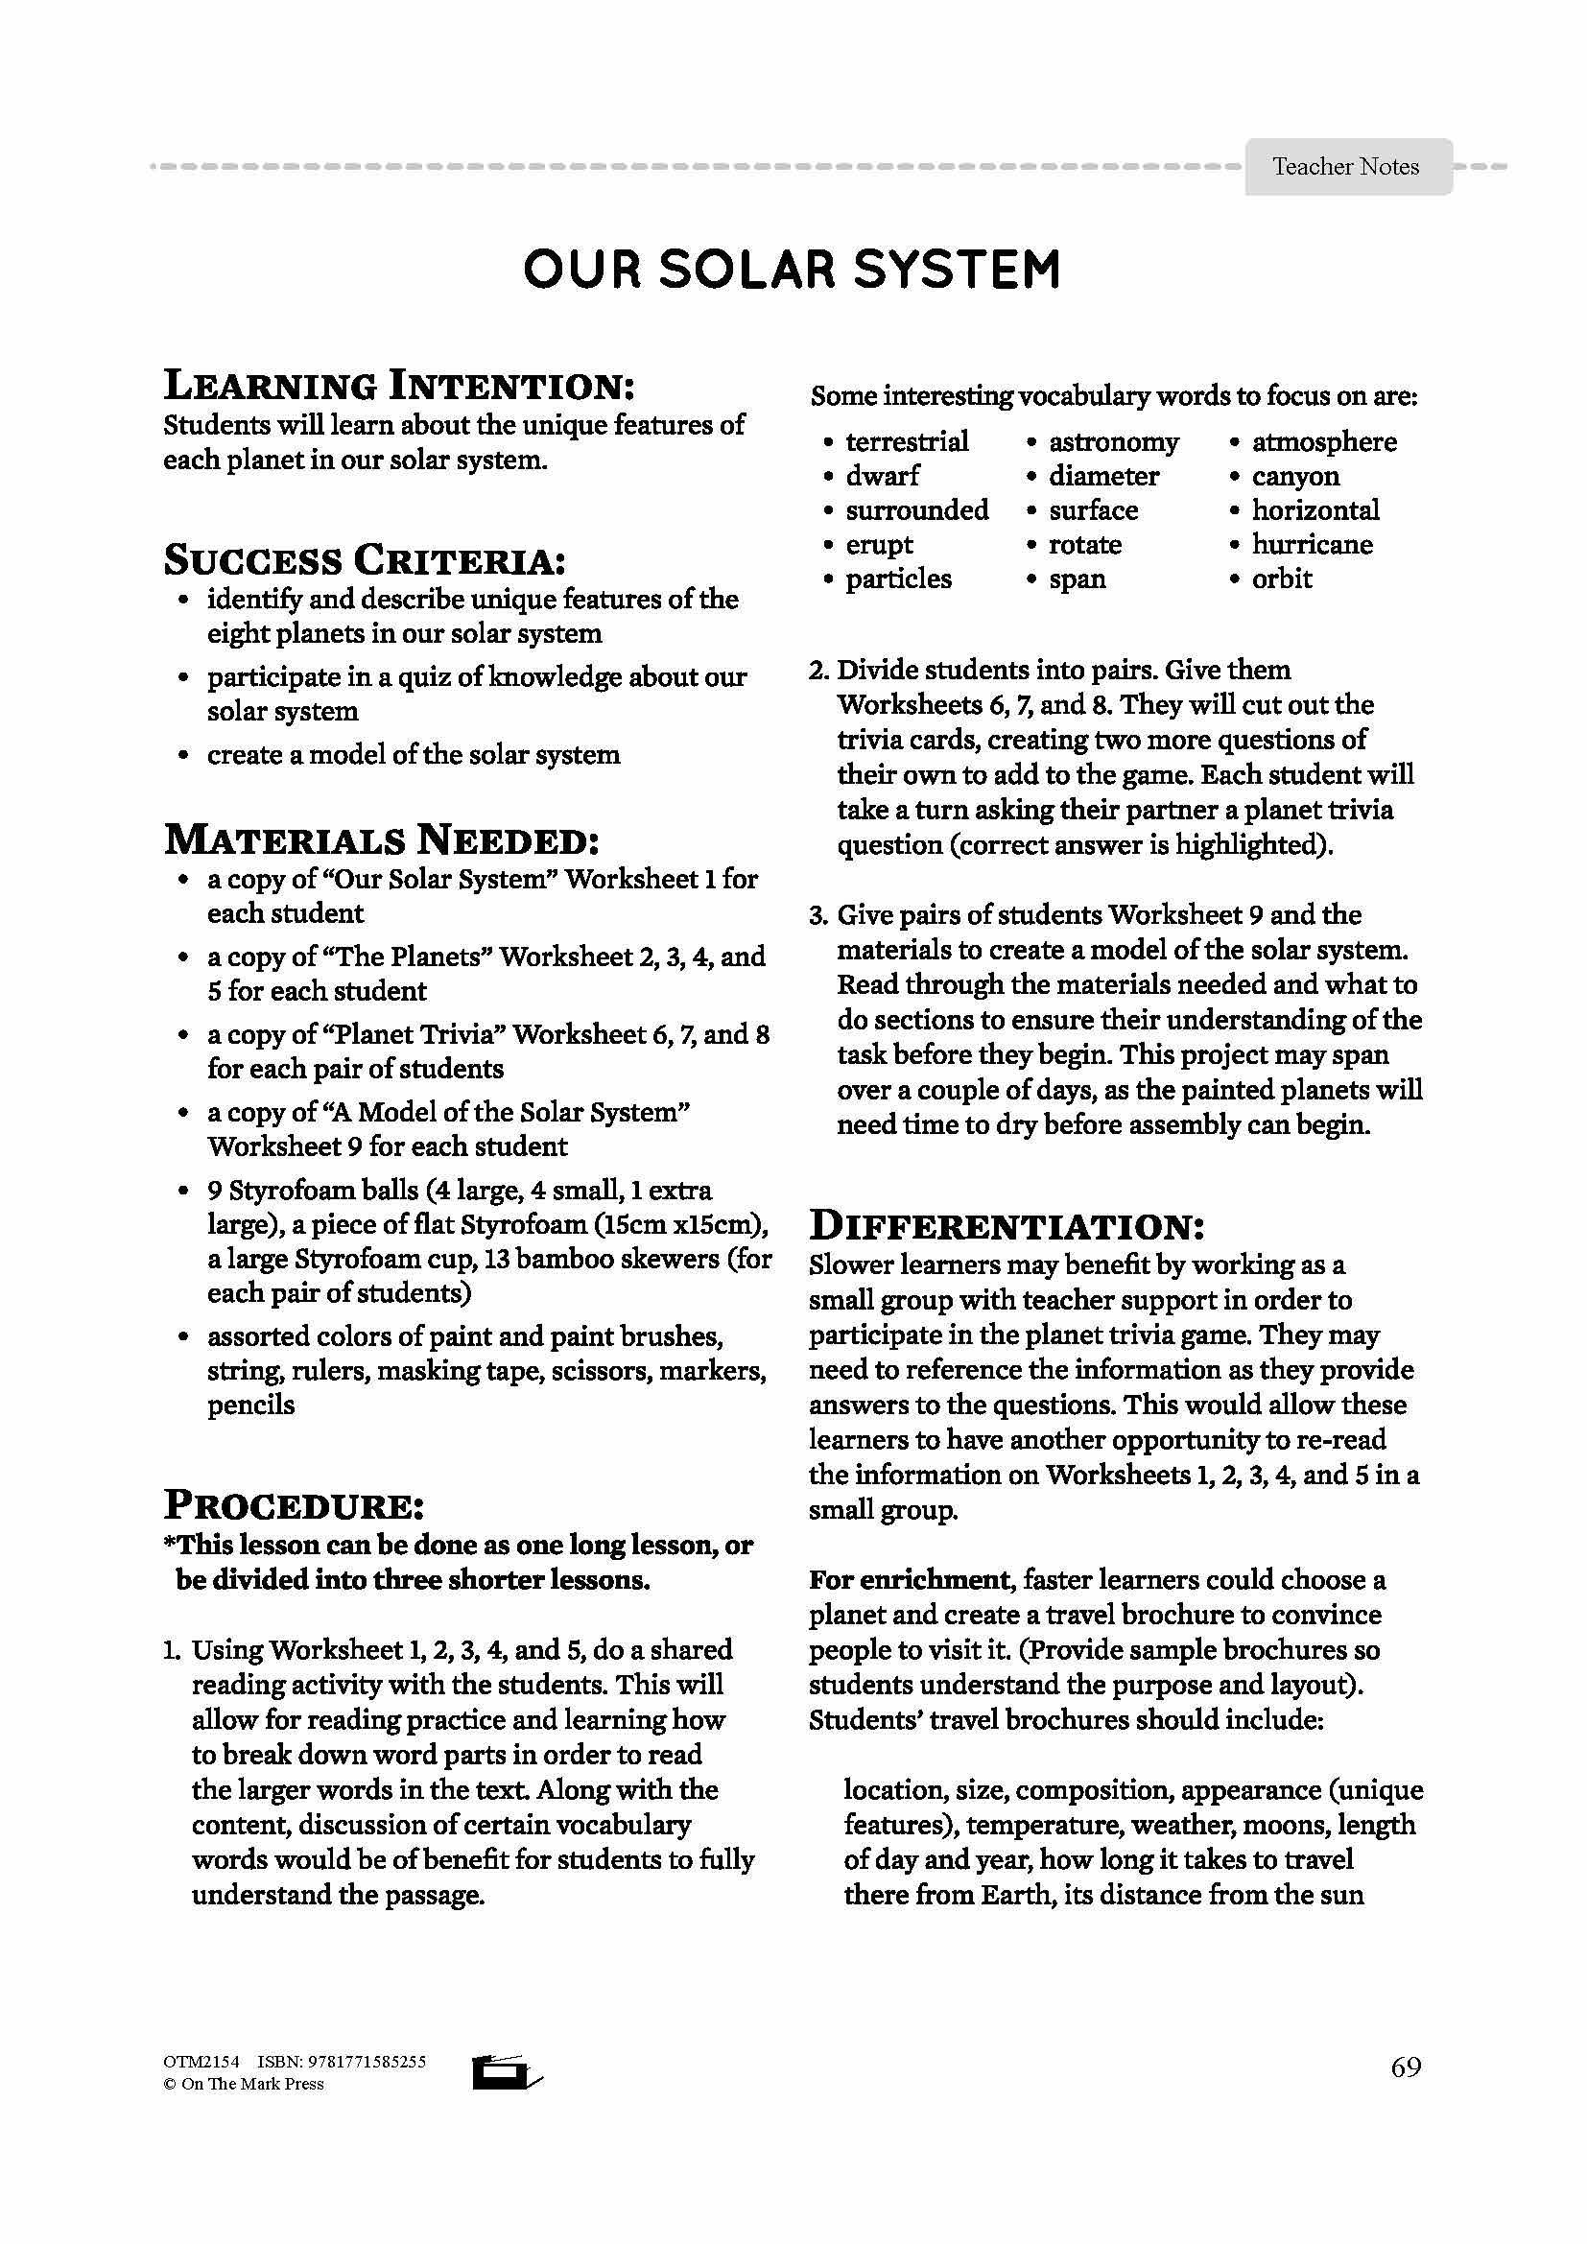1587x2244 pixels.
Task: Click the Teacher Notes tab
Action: click(x=1345, y=167)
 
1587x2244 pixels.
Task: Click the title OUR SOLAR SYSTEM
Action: click(x=792, y=270)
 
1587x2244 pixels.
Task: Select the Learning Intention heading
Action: click(x=399, y=385)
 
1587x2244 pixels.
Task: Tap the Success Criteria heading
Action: click(x=365, y=560)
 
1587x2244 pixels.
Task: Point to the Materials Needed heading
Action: click(x=381, y=840)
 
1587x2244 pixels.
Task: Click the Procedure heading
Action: click(x=295, y=1505)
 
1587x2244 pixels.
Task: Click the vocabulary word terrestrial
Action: click(x=907, y=441)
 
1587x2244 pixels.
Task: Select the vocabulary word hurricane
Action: click(x=1312, y=544)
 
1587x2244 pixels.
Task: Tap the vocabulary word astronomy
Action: click(x=1113, y=441)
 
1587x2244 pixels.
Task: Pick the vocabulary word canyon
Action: click(x=1294, y=477)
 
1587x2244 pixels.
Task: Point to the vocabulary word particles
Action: click(x=898, y=579)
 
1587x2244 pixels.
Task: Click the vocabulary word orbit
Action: click(x=1281, y=579)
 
